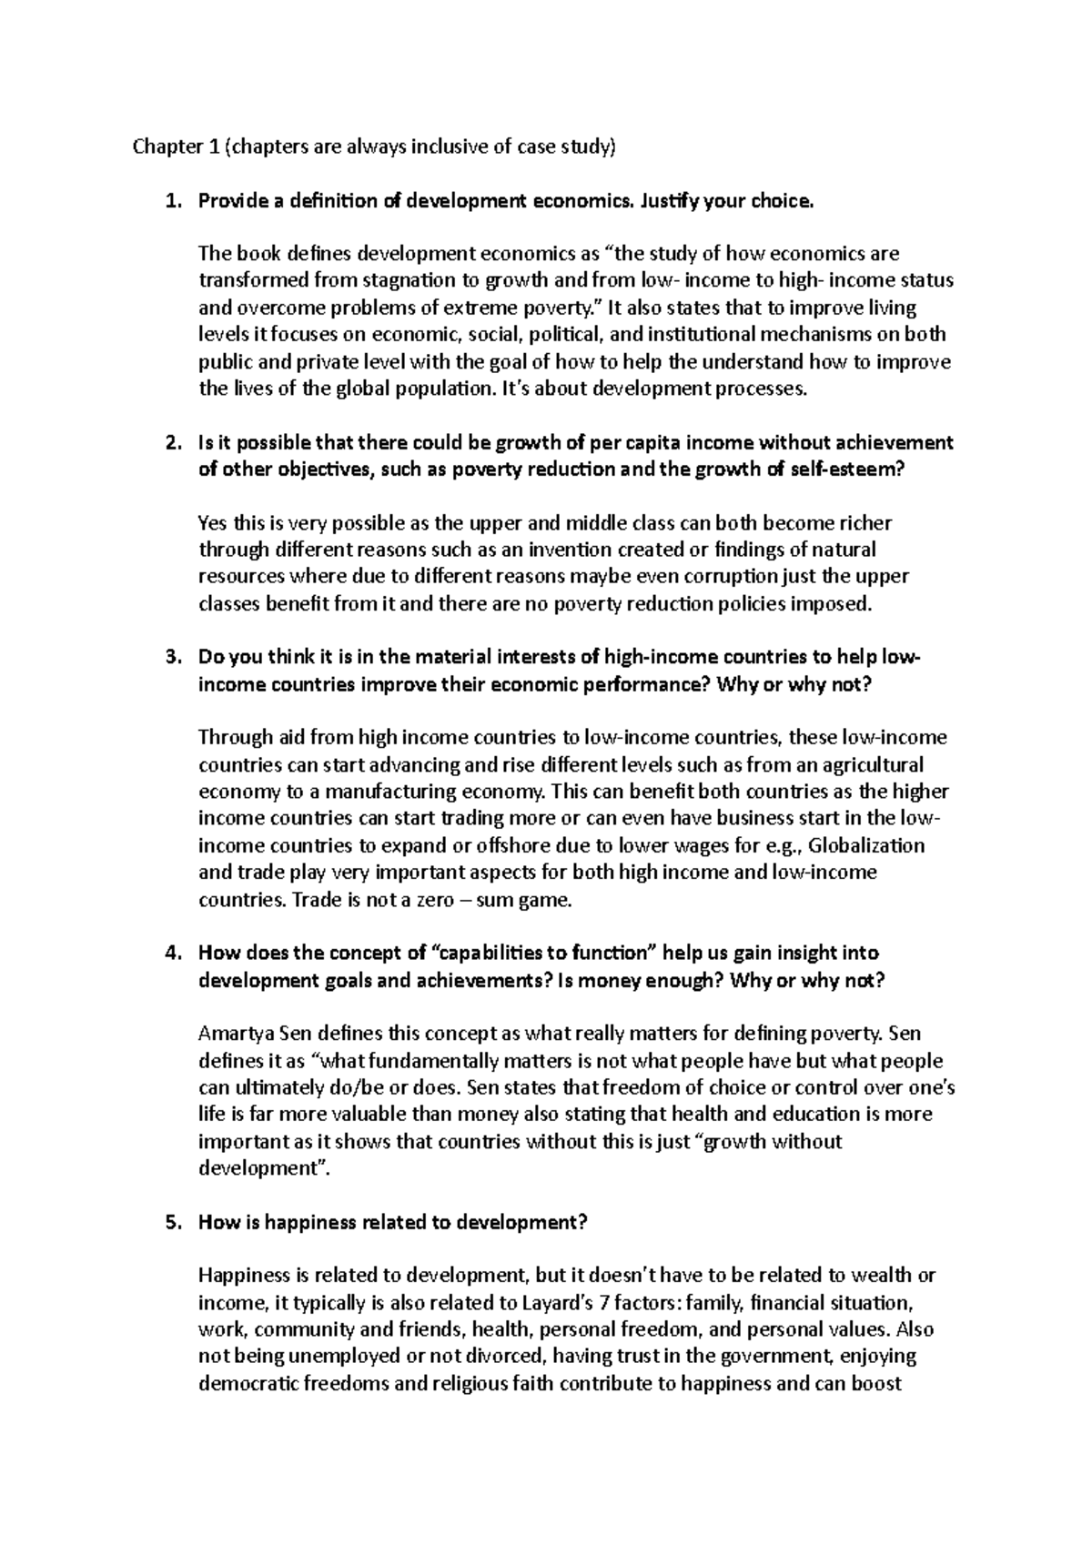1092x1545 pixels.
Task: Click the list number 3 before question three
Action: tap(171, 658)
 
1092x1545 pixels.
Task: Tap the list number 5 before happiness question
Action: tap(171, 1223)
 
